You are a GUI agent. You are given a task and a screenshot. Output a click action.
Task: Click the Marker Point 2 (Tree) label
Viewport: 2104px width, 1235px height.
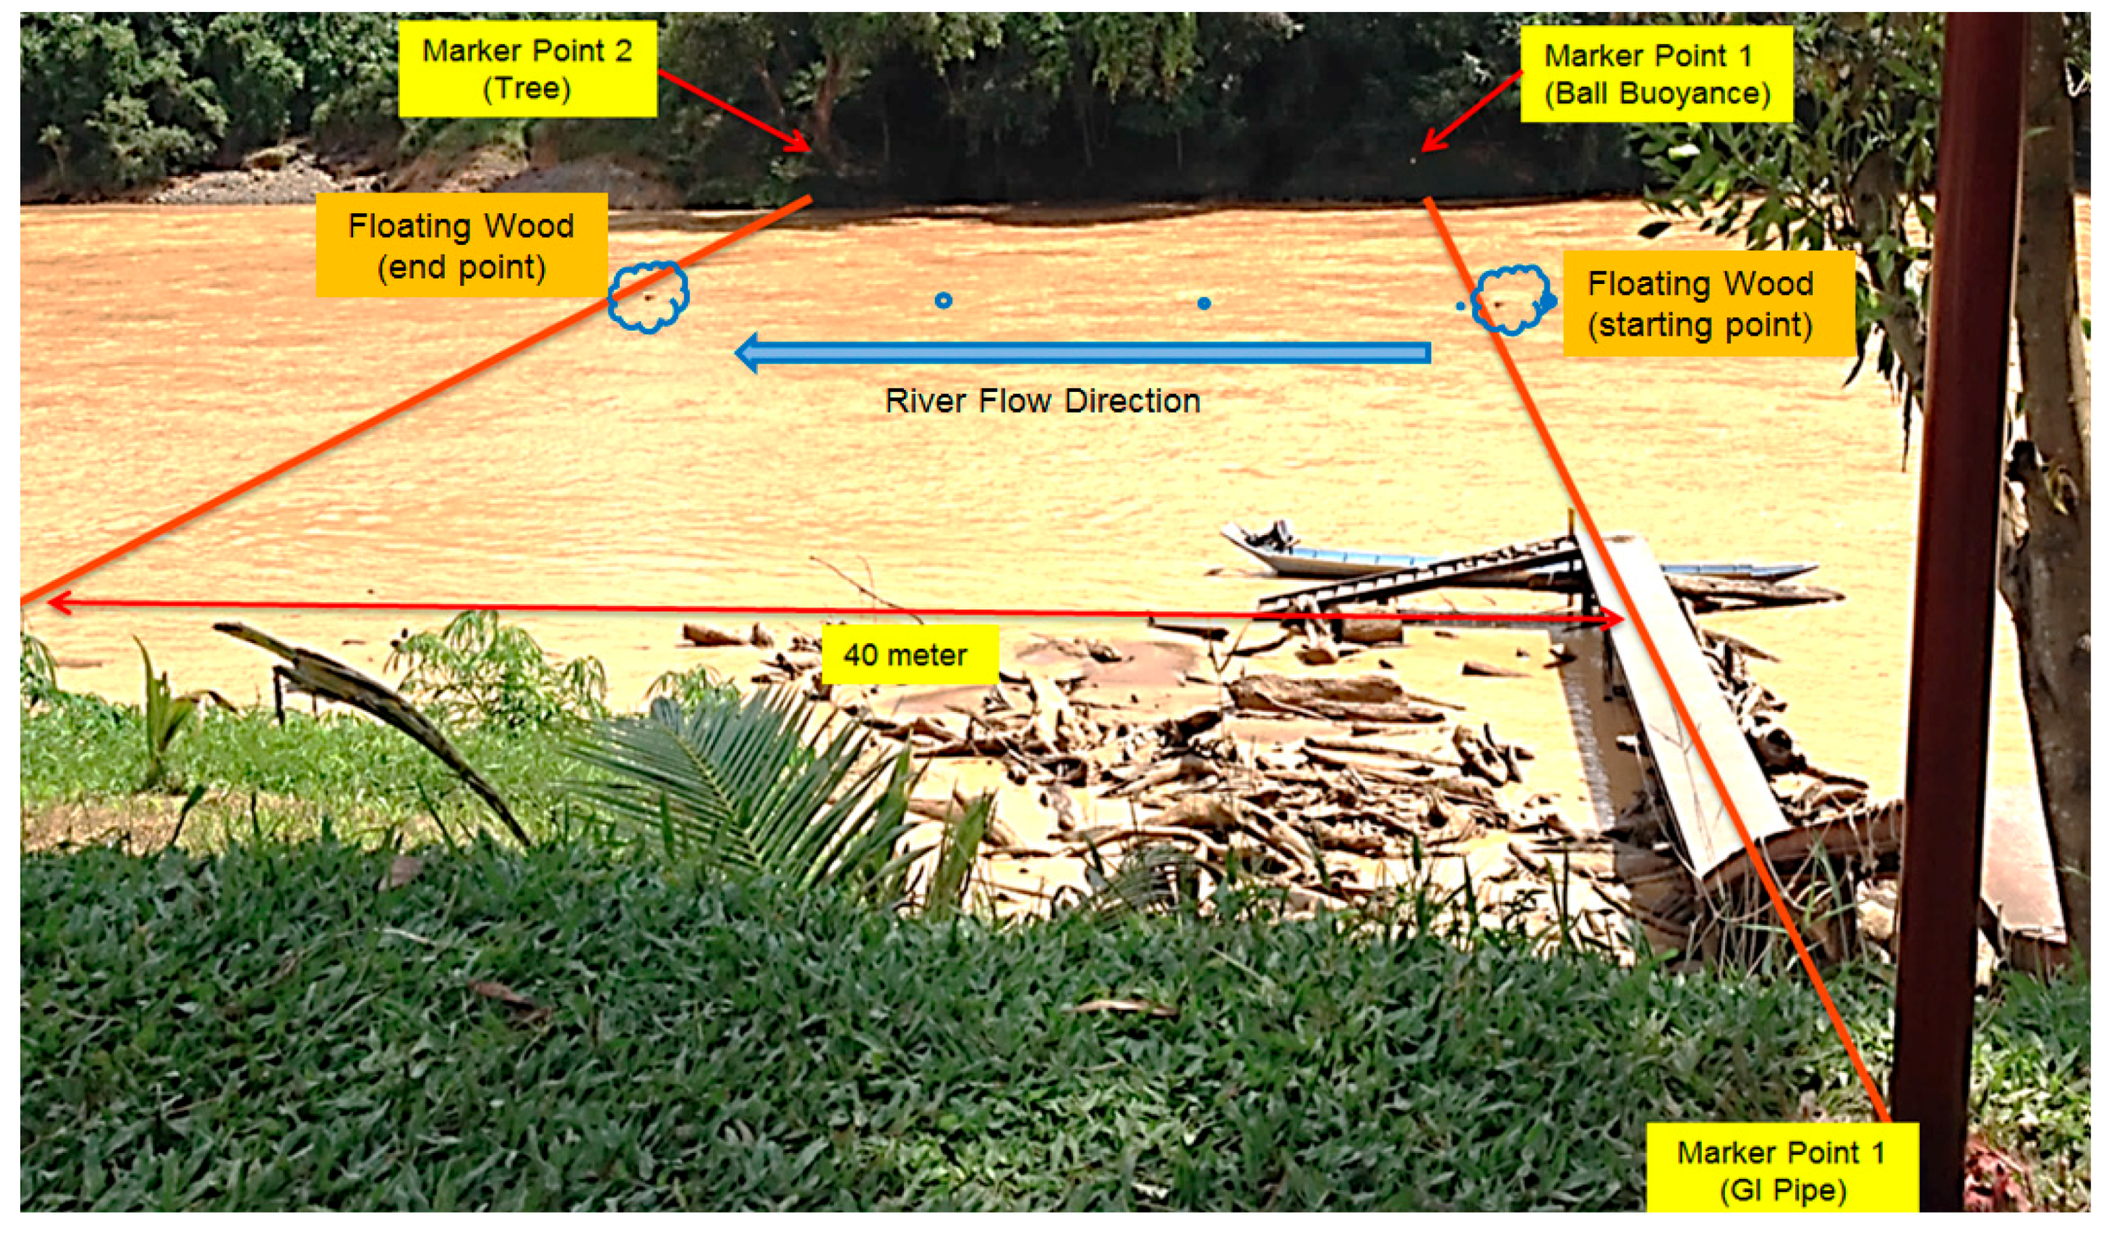(527, 69)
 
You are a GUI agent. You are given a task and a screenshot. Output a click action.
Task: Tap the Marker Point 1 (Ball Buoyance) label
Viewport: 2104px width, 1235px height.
(1656, 74)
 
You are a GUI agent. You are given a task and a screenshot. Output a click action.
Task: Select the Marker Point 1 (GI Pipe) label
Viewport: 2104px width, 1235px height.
(1781, 1170)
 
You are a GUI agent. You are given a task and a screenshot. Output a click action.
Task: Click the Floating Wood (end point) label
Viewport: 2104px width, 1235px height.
(461, 245)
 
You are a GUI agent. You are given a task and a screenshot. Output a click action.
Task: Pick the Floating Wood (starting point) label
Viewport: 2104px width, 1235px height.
(1700, 304)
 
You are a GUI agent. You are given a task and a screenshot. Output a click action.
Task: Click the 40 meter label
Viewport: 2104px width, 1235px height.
(908, 655)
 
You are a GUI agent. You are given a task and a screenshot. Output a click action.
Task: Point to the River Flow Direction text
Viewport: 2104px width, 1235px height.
(1042, 401)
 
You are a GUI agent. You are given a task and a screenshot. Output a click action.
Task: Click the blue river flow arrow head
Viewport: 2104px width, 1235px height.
(748, 353)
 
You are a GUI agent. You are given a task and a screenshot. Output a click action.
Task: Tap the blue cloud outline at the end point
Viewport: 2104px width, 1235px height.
(648, 297)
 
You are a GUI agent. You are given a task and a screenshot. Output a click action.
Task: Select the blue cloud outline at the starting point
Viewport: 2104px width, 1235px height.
(1510, 300)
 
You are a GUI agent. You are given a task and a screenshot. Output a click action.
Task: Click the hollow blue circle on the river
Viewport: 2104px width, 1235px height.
(943, 300)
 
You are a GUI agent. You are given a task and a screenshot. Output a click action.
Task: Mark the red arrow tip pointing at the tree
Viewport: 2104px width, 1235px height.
(806, 149)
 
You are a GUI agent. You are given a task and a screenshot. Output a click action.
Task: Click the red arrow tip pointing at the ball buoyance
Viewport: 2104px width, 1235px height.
(1426, 149)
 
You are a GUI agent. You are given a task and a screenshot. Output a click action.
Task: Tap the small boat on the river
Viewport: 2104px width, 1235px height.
(1336, 555)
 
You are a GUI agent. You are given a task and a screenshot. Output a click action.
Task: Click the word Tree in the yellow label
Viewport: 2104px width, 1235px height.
(527, 88)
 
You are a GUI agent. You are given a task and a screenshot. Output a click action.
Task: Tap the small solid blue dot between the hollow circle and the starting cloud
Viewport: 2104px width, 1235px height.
(1203, 303)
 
